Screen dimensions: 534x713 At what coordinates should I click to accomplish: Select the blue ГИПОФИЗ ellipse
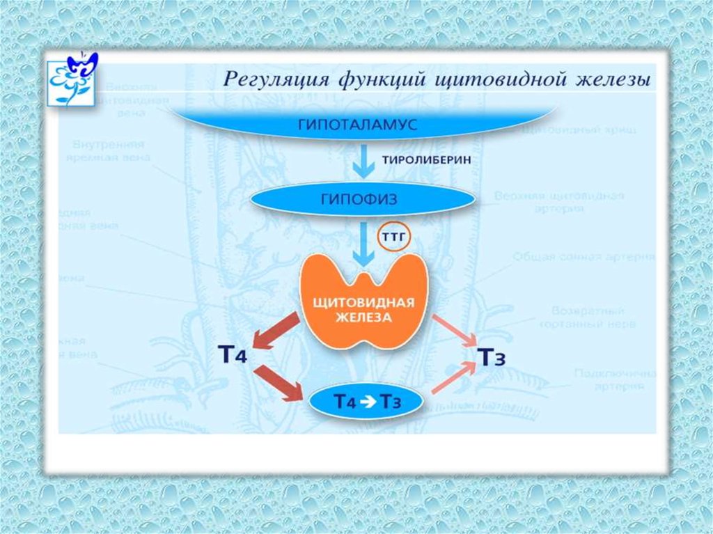(x=362, y=200)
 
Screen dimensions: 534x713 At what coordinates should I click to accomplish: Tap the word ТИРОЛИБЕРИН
(x=426, y=160)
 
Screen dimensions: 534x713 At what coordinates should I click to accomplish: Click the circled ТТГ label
(x=394, y=238)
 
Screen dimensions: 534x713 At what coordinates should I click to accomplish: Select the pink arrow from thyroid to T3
(x=456, y=330)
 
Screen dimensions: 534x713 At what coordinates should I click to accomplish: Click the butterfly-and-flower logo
(x=72, y=77)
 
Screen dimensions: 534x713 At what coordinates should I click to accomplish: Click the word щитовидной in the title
(x=492, y=79)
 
